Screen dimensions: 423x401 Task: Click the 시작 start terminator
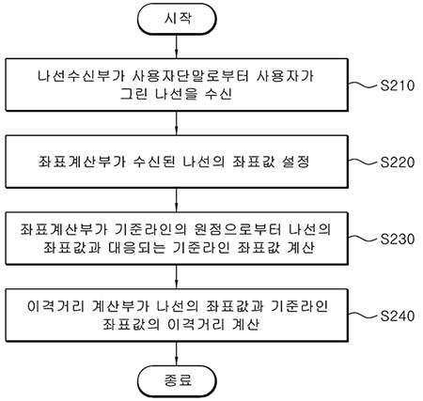coord(177,19)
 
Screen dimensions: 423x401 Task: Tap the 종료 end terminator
coord(177,381)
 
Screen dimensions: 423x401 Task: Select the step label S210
coord(398,85)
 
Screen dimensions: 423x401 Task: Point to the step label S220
coord(398,162)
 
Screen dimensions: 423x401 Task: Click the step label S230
coord(398,239)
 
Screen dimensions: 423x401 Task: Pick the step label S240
coord(398,316)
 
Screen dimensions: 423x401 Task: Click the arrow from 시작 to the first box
coord(177,46)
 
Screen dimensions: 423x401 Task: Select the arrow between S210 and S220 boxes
coord(177,123)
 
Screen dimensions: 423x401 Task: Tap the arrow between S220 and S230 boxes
coord(177,200)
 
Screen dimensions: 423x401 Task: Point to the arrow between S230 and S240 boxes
coord(177,277)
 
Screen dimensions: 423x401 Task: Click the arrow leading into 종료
coord(177,354)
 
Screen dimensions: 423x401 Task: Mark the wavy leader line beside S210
coord(364,85)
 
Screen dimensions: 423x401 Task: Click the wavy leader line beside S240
coord(364,315)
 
